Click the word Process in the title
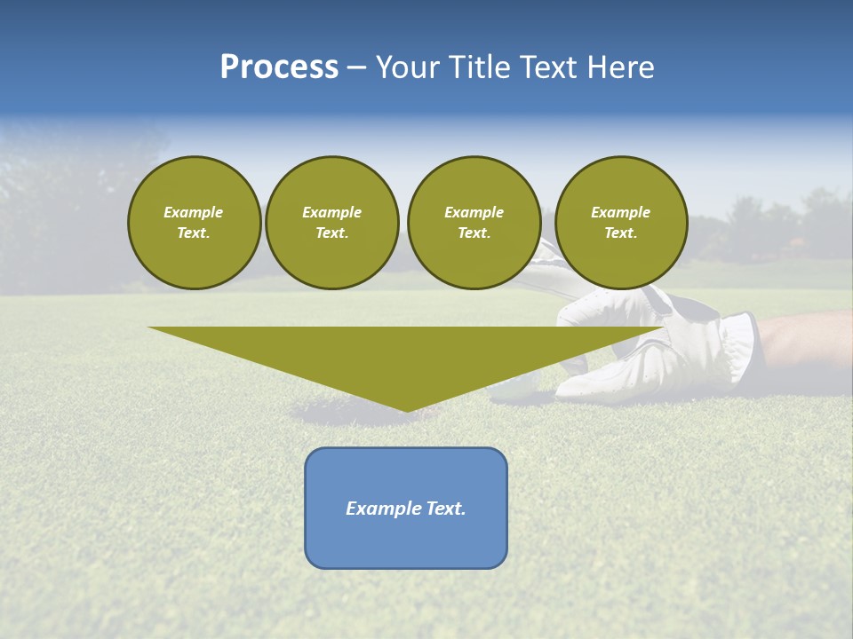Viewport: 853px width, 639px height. pyautogui.click(x=279, y=67)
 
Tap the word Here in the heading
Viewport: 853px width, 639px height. pyautogui.click(x=619, y=67)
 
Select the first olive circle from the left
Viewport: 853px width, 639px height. pyautogui.click(x=194, y=223)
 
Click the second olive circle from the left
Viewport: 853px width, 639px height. pyautogui.click(x=331, y=223)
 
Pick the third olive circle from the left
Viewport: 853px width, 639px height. pyautogui.click(x=474, y=223)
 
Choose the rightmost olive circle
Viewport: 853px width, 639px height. pyautogui.click(x=620, y=223)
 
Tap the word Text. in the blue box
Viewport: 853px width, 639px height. pyautogui.click(x=445, y=509)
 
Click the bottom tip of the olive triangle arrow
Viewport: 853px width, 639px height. pyautogui.click(x=406, y=409)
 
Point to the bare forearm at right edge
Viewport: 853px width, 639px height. pyautogui.click(x=804, y=342)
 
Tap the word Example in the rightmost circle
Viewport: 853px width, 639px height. pyautogui.click(x=620, y=212)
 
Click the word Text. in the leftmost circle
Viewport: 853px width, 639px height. pyautogui.click(x=194, y=233)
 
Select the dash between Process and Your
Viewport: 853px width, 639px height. pyautogui.click(x=357, y=67)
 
